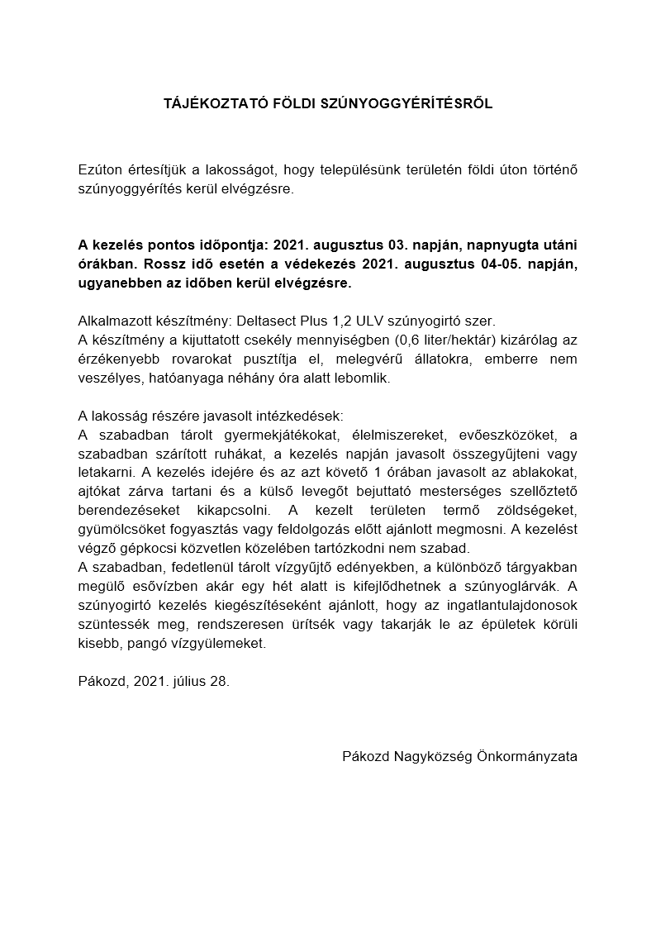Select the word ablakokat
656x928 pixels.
(x=540, y=473)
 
